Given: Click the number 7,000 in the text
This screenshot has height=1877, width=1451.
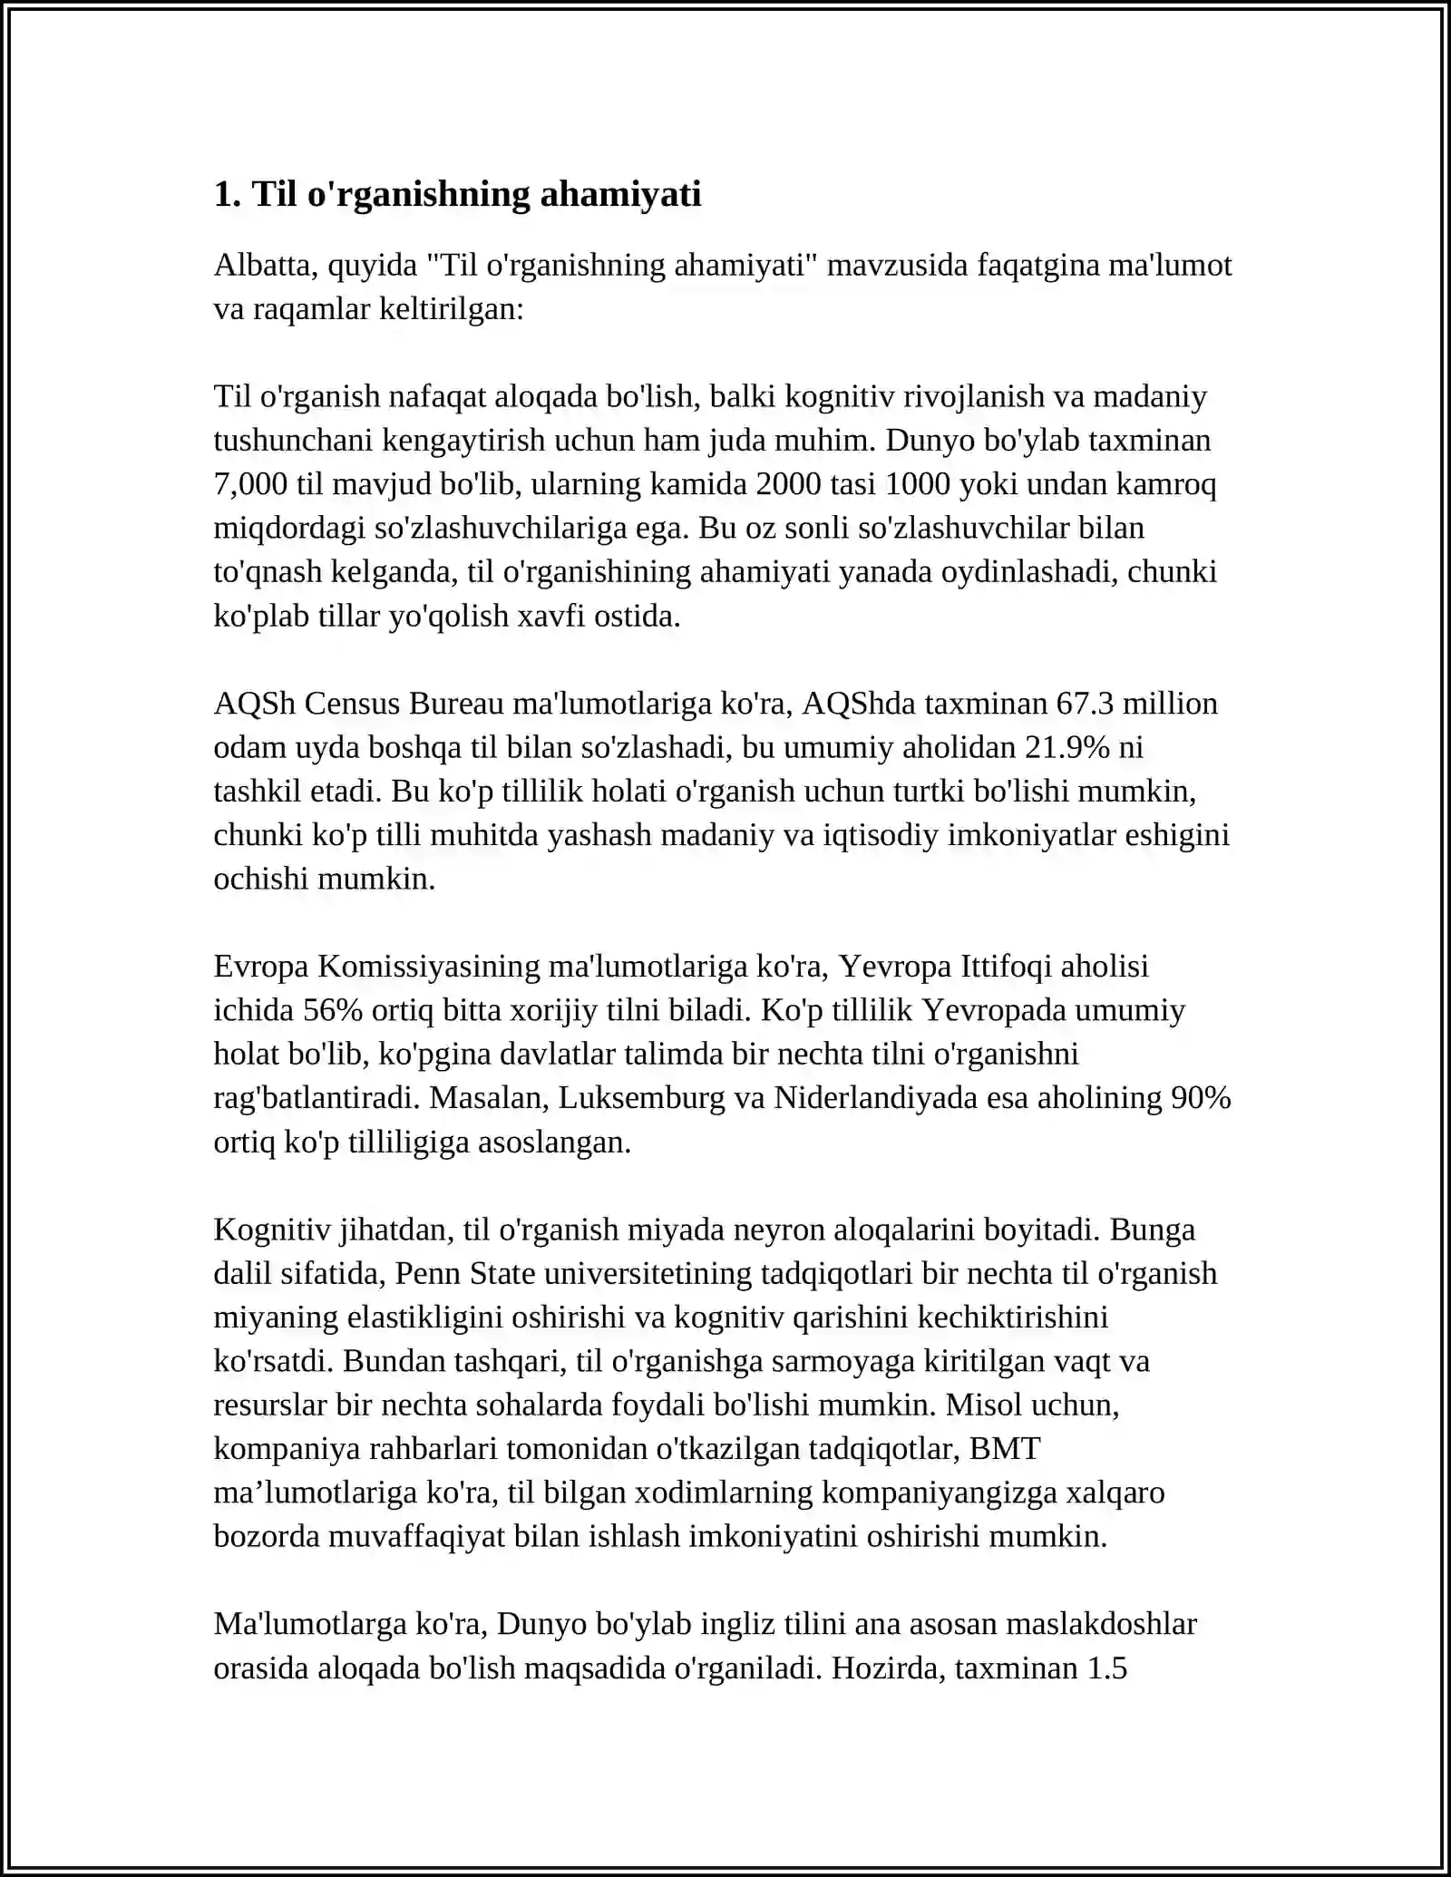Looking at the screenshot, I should click(x=250, y=484).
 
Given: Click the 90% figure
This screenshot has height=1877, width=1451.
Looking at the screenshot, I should click(x=1201, y=1098).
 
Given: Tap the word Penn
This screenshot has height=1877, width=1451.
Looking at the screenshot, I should click(x=427, y=1273).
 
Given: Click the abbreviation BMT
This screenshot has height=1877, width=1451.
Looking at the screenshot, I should click(x=1005, y=1448).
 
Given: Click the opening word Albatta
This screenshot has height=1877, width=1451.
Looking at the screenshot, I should click(x=265, y=265).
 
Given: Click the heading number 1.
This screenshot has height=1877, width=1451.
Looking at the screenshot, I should click(x=226, y=194).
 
